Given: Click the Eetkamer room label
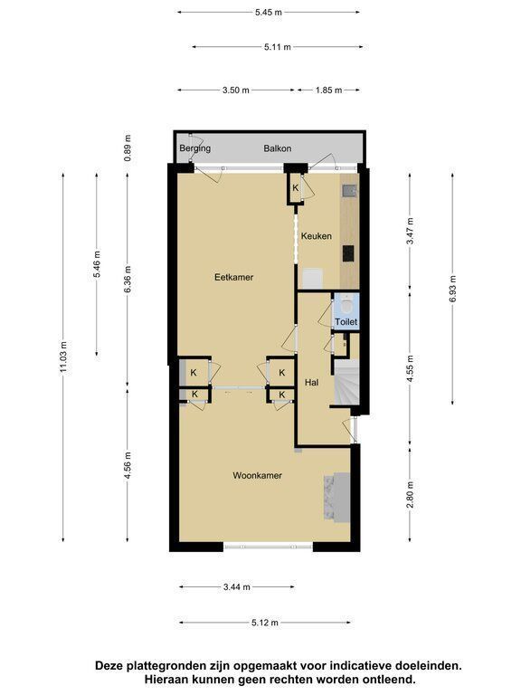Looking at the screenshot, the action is point(233,278).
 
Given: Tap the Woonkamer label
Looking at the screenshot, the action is point(258,476).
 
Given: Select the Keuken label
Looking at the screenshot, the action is point(317,236).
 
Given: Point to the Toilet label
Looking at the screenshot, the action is point(346,322).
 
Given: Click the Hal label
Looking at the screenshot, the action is point(311,383).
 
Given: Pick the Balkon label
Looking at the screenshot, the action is point(278,148).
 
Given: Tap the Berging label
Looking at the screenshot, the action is point(195,148).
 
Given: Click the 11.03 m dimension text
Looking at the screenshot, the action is point(64,357).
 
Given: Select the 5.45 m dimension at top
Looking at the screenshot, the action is point(269,13).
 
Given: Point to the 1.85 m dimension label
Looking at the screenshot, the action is point(328,90).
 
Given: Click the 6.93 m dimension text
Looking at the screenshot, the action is point(452,289).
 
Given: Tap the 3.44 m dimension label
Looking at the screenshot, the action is point(237,587).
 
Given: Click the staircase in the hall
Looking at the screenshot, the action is point(346,383).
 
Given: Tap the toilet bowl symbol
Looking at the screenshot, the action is point(347,305).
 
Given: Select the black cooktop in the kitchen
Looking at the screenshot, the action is point(348,253).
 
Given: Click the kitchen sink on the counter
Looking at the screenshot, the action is point(349,191).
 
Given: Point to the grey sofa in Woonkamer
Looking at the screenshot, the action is point(337,497).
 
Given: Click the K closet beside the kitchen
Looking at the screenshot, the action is point(295,188).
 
